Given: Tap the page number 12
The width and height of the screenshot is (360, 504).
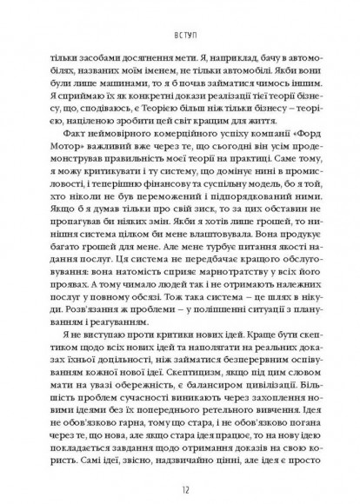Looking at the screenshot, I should pyautogui.click(x=180, y=483).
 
